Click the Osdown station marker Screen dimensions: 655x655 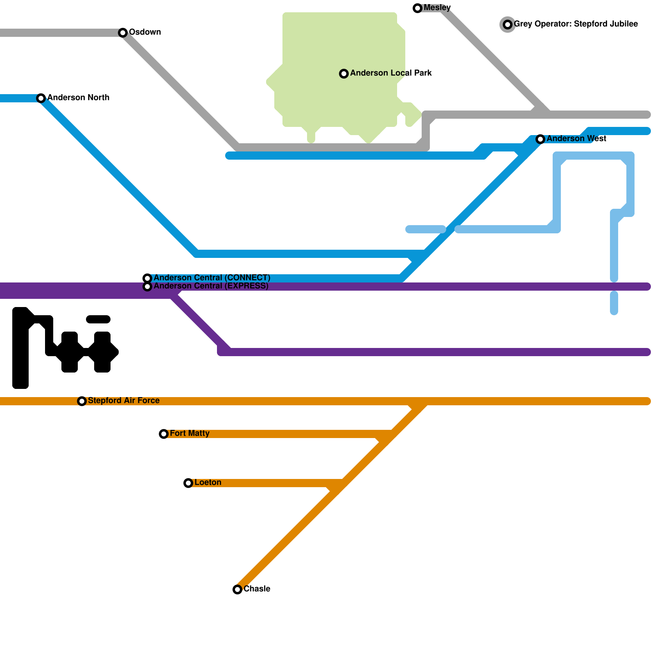(x=123, y=33)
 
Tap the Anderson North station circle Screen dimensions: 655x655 (x=41, y=98)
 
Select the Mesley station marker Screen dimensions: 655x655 (x=418, y=8)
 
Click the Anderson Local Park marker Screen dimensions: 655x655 (x=344, y=74)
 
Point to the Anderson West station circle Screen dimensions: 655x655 (x=540, y=139)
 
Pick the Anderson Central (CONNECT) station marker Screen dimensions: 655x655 (x=147, y=278)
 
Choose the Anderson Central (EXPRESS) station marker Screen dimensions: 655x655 (x=147, y=287)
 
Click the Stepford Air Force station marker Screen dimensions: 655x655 (x=82, y=401)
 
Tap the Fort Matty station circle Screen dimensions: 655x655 (x=164, y=434)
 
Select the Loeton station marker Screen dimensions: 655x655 (x=188, y=483)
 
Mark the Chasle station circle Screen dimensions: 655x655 (x=237, y=589)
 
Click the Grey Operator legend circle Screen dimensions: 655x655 (x=508, y=25)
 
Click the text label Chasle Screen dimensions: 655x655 (x=257, y=589)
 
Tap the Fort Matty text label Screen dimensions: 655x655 (x=190, y=434)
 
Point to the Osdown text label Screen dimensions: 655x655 (x=145, y=32)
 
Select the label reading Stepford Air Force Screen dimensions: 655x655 (x=124, y=401)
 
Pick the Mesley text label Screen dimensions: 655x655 (x=437, y=8)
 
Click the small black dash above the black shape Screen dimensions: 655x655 (x=98, y=319)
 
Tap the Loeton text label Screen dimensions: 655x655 (x=208, y=483)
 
